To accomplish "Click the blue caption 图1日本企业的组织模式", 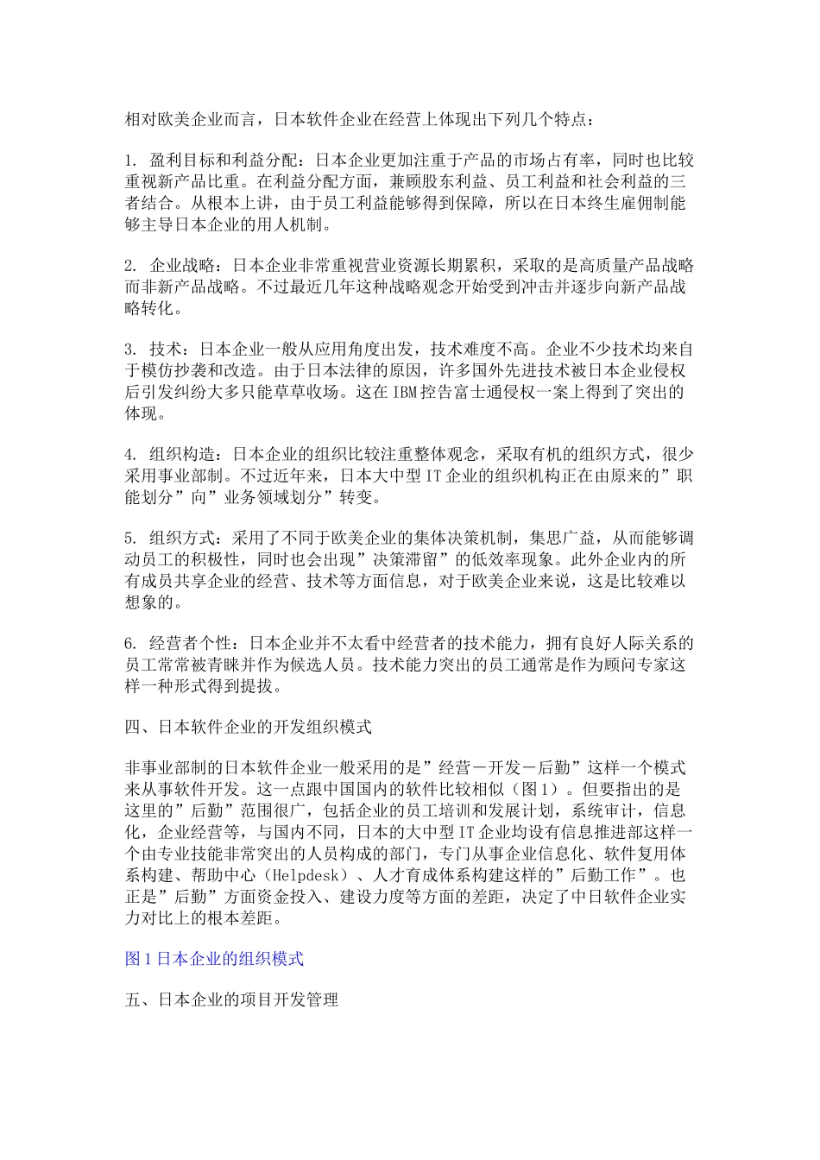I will coord(214,958).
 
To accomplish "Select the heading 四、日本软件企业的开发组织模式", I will coord(249,727).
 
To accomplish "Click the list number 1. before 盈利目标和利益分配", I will coord(131,161).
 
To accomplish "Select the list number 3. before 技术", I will coord(131,350).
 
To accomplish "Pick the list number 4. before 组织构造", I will coord(131,454).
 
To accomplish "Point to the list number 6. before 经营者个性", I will coord(131,644).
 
